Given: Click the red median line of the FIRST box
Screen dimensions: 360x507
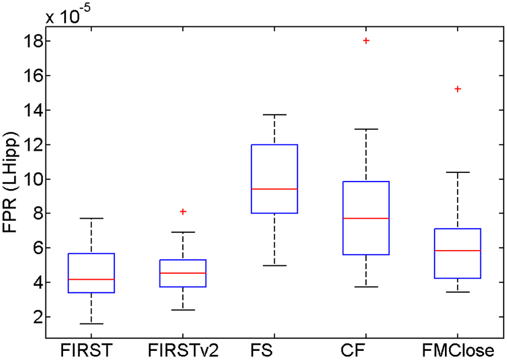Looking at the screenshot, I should (92, 279).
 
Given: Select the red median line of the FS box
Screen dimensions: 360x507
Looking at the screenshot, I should (275, 189).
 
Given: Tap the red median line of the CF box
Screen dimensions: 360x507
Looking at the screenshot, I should (366, 218).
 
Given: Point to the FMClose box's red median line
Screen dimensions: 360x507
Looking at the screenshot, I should (458, 251).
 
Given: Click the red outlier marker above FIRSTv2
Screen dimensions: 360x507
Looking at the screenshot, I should (183, 211).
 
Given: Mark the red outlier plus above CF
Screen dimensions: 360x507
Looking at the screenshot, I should (366, 41).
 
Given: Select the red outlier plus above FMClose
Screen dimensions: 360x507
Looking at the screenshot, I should (458, 89).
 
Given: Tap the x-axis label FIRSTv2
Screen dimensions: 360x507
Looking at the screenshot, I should (183, 350).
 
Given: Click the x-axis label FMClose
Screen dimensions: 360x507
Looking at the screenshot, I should (458, 350).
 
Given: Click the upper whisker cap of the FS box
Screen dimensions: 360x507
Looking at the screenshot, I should (275, 115).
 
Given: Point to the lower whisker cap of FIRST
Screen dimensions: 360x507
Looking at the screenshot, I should (92, 323).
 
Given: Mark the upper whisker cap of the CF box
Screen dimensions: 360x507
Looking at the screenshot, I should (366, 129).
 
